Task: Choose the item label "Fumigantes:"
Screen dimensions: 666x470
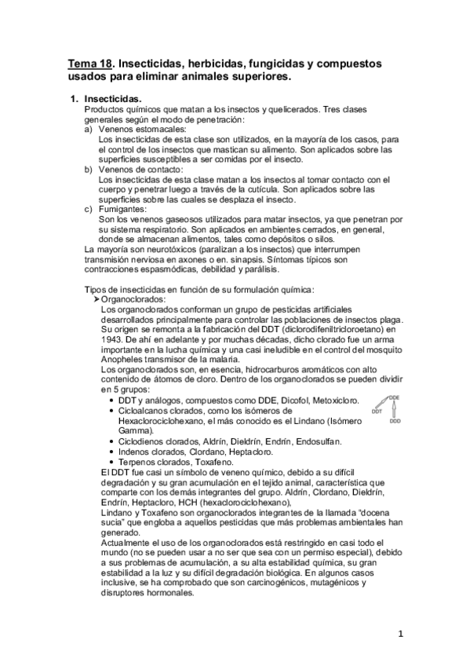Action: [x=123, y=209]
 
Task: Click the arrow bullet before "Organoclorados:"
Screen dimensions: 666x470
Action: [x=97, y=299]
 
